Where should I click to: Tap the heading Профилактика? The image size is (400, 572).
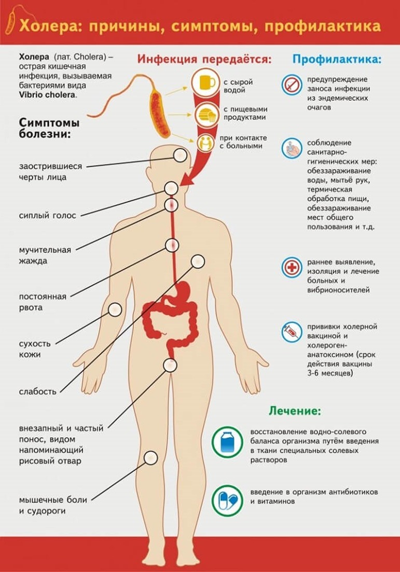tap(337, 59)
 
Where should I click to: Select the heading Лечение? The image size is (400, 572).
tap(295, 411)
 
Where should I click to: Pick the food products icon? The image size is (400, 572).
tap(206, 115)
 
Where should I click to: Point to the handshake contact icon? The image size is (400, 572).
tap(206, 142)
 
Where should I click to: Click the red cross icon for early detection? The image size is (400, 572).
tap(292, 268)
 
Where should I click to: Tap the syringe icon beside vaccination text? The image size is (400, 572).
tap(292, 331)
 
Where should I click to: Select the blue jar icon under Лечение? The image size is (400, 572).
tap(227, 442)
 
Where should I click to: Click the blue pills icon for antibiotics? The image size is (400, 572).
tap(227, 500)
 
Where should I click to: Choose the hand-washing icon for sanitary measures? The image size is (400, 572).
tap(292, 148)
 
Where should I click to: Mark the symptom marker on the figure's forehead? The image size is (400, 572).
tap(180, 156)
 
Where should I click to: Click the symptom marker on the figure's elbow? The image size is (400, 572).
tap(115, 310)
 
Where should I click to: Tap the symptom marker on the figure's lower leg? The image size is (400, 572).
tap(150, 457)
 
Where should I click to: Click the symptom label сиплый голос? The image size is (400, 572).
tap(47, 215)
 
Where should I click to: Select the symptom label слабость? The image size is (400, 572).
tap(37, 392)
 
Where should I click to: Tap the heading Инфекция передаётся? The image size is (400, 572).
tap(204, 59)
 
